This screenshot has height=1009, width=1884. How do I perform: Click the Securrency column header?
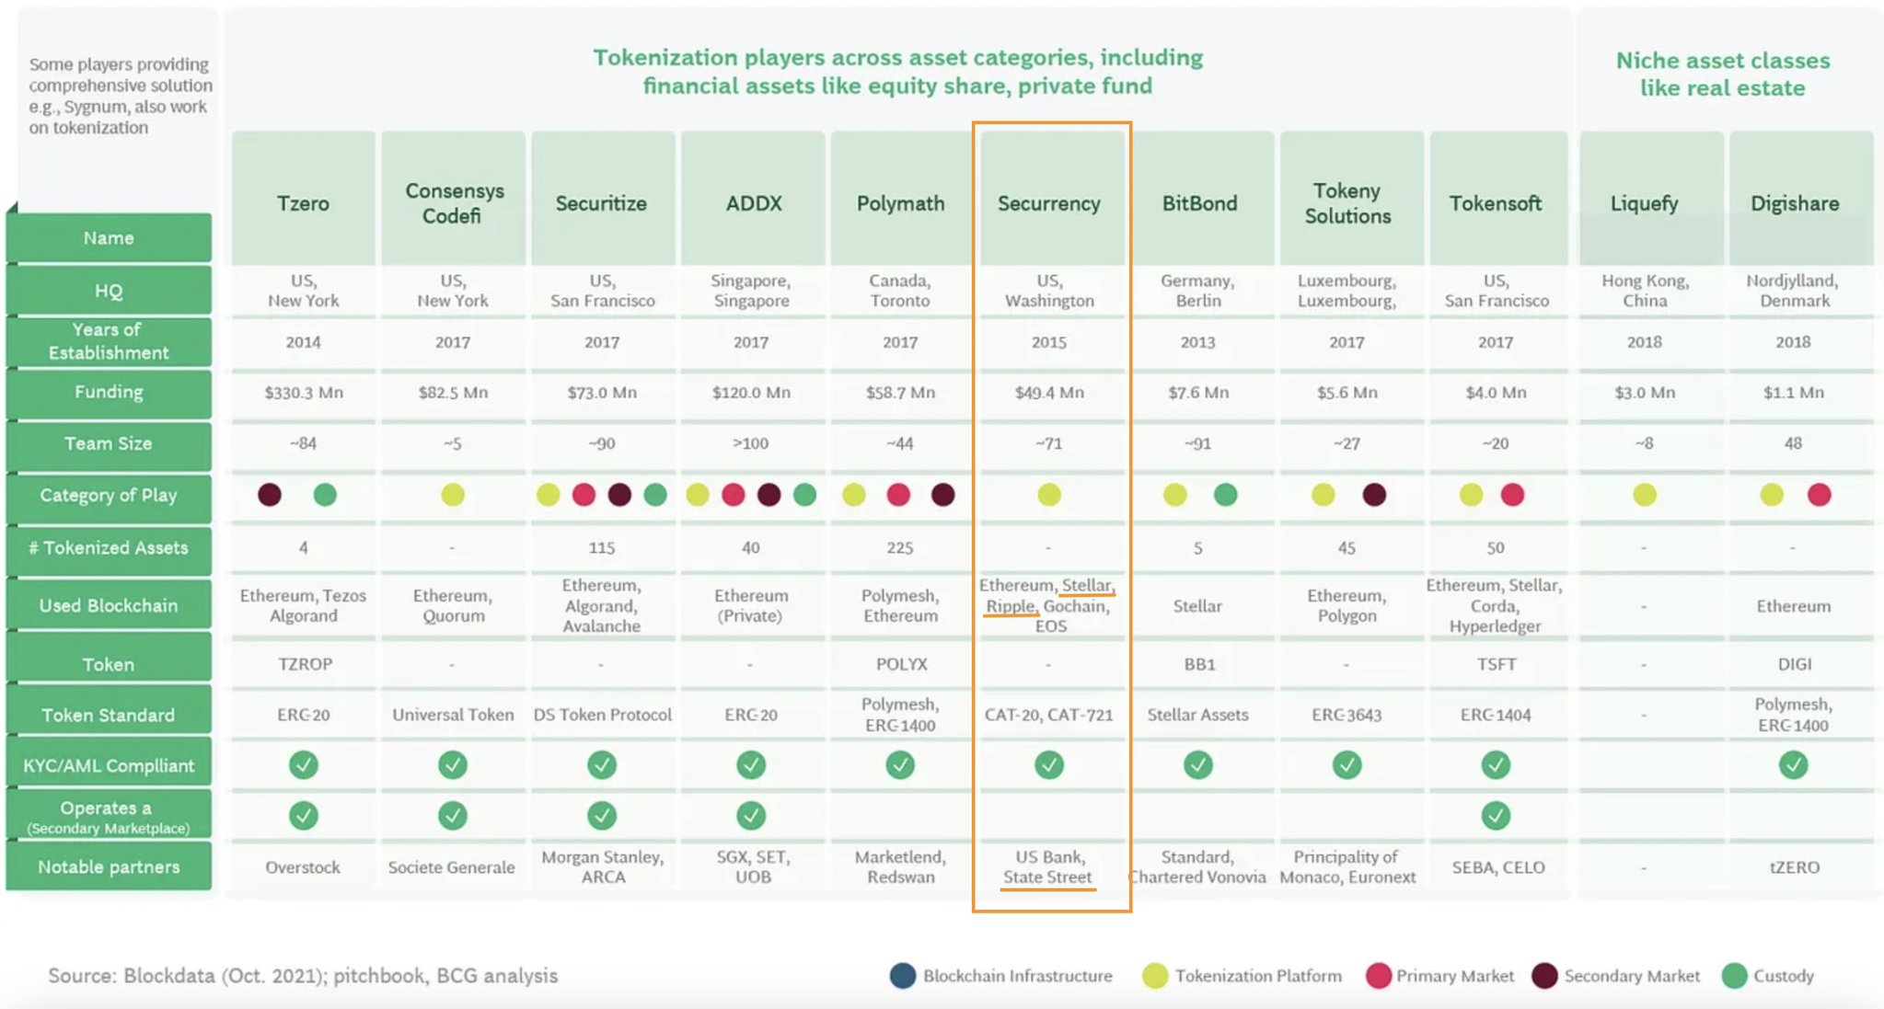click(1049, 203)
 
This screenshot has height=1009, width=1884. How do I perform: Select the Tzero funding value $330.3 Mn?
click(303, 393)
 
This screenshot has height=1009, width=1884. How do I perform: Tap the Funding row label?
click(109, 393)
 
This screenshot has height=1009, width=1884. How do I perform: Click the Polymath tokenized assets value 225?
click(899, 548)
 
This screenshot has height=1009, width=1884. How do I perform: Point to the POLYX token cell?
click(901, 664)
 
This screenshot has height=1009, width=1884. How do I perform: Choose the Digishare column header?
click(1794, 203)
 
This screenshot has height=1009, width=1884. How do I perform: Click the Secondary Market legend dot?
click(1544, 976)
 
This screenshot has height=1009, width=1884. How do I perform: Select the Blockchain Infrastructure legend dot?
click(903, 976)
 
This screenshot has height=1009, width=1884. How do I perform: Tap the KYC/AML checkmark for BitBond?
click(1197, 765)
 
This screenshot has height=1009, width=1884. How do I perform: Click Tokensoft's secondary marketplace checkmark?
click(1496, 816)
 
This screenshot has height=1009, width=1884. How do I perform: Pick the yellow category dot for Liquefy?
click(1644, 496)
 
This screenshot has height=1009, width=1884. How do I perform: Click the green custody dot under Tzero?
click(325, 496)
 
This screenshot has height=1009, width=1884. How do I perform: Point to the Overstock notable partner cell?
click(303, 867)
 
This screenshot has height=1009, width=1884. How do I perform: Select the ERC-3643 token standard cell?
click(1347, 715)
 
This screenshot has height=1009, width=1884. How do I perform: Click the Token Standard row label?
click(109, 715)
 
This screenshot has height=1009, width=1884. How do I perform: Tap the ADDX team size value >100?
click(750, 443)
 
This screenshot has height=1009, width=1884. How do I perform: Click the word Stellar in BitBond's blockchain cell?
click(1197, 606)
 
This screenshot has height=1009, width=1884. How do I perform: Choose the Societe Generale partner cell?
click(452, 867)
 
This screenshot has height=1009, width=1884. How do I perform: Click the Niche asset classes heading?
click(1722, 74)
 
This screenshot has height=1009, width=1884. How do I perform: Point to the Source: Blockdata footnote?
click(303, 976)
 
